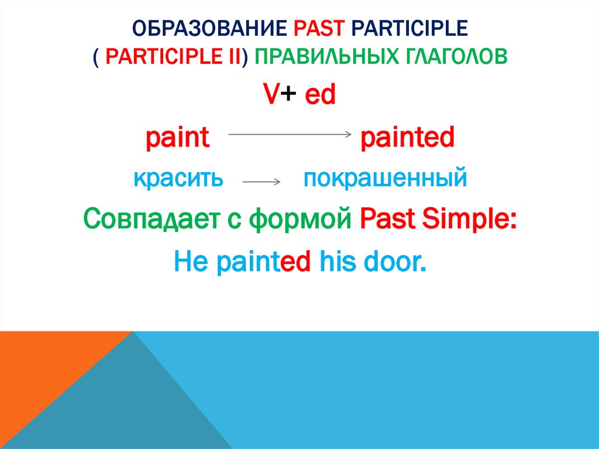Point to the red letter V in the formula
coord(270,96)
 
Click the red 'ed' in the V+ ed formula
coord(320,96)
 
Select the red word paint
coord(177,139)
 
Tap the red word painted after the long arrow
coord(407,139)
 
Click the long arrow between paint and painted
coord(288,135)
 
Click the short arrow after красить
coord(261,182)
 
